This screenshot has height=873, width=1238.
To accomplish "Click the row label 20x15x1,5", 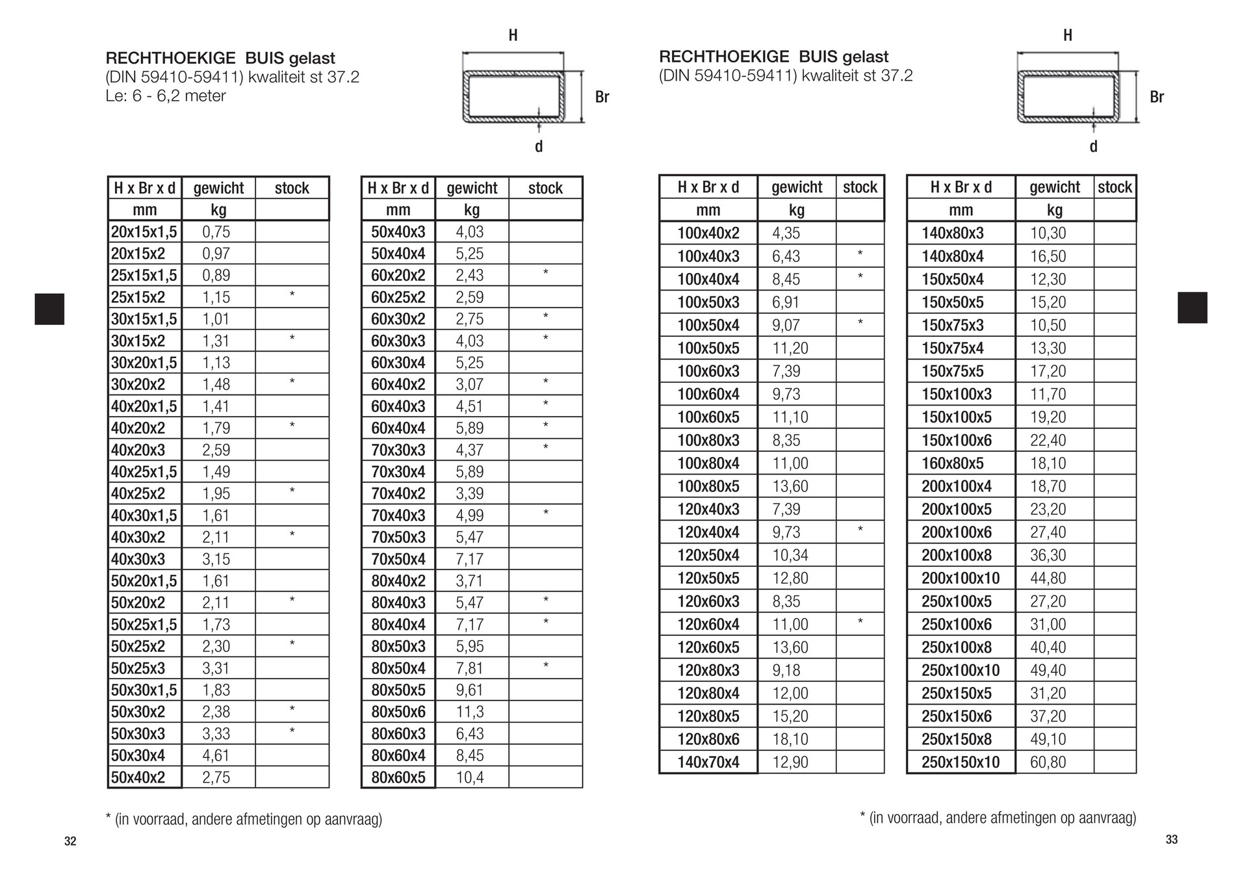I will (x=144, y=232).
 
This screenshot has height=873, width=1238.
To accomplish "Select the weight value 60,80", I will (x=1048, y=762).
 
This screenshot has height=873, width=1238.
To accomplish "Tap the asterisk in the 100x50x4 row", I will (x=860, y=323).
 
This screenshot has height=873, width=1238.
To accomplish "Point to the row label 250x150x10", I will (x=960, y=762).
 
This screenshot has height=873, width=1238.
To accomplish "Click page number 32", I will (x=70, y=841).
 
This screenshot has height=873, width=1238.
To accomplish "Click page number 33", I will (x=1171, y=839).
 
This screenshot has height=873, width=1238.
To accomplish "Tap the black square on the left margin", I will (x=49, y=309).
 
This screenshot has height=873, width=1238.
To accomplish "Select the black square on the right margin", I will (x=1192, y=307).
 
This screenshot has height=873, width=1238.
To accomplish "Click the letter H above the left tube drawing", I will (x=513, y=36).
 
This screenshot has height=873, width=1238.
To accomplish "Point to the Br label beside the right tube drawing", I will (x=1156, y=98).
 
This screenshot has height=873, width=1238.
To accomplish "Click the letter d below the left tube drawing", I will (x=538, y=147).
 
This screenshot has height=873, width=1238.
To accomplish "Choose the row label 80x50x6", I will (x=398, y=712).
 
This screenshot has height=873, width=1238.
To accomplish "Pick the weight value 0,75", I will (x=216, y=232).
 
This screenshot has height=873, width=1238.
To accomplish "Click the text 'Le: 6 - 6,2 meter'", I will (x=166, y=96).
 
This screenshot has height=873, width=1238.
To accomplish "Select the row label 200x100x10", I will (x=960, y=578).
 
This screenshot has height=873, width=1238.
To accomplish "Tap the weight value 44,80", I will (x=1048, y=578).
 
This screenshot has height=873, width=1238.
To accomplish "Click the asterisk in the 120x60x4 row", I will (x=860, y=622).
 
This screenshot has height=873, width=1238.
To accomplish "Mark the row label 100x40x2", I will (x=708, y=233).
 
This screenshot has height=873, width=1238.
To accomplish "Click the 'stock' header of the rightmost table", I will (x=1115, y=188).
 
